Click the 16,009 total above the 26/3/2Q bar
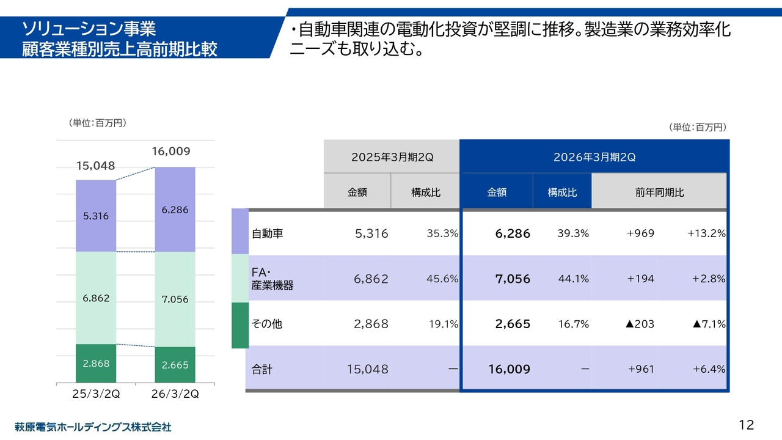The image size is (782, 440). coord(171,152)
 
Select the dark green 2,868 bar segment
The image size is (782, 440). coord(96,364)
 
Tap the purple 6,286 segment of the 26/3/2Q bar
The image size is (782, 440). coord(175,210)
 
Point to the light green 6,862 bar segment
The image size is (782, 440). coord(96,298)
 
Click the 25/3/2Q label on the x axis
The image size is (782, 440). coord(96,394)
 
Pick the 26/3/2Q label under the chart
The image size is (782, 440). coord(175,394)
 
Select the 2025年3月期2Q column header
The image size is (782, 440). coord(392,157)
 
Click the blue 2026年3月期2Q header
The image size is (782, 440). coord(594,157)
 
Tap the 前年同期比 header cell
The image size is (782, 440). coord(659,192)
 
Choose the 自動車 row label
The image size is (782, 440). coord(268,233)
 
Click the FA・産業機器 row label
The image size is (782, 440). coord(272,279)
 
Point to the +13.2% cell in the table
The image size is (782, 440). coord(706,233)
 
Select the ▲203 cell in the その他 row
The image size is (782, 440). coord(640,324)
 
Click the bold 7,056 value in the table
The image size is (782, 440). coord(513,279)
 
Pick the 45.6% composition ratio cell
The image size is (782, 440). coord(442,279)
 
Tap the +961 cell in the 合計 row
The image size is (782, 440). coord(641,369)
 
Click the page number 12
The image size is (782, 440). coord(746,425)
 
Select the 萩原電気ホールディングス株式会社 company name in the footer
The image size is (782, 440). coord(93,427)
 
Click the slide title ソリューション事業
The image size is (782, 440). coord(89,28)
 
